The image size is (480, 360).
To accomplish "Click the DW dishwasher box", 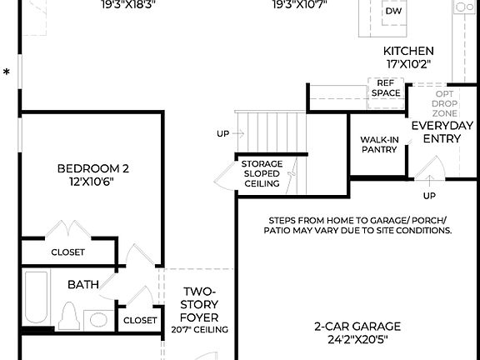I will [393, 12].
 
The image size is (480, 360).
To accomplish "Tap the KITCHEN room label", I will [403, 51].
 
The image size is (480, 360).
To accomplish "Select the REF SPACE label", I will [385, 88].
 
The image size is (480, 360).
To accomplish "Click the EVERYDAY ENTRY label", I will [442, 132].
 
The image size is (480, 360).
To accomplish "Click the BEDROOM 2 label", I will [92, 169].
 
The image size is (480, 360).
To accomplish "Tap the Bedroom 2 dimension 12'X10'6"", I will [92, 182].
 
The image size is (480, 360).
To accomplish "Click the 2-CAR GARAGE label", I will [357, 326].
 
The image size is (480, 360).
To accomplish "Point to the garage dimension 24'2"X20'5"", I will [357, 339].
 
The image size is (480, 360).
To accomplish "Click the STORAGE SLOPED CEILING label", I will [262, 173].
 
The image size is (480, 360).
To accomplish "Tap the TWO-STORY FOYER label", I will [200, 304].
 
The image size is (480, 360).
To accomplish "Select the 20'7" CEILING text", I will [200, 330].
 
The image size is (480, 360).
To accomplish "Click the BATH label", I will [83, 285].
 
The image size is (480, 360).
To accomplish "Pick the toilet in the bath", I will [68, 317].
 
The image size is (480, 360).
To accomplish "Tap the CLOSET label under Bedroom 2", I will [67, 252].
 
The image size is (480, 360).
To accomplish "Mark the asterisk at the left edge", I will [7, 73].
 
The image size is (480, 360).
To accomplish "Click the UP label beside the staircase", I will [222, 133].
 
